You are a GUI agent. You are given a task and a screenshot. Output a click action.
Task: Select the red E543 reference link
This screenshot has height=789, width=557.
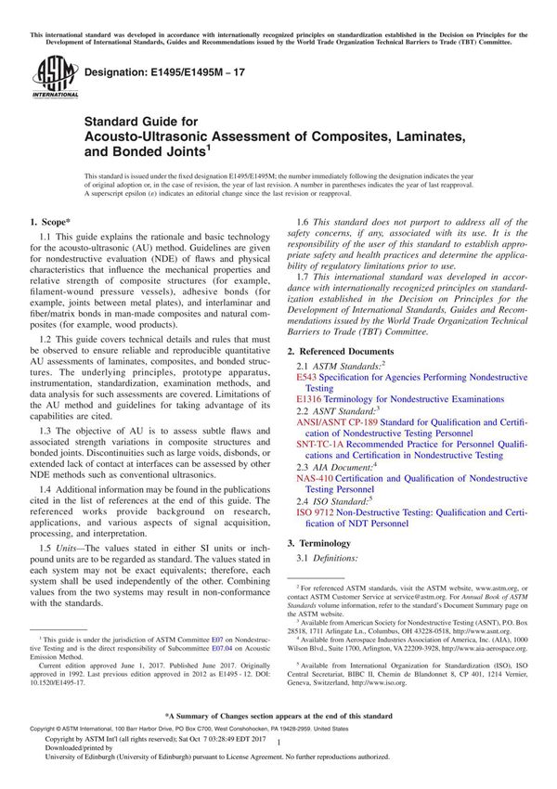point(306,379)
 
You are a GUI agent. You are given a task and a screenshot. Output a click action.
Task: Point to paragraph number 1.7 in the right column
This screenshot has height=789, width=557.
point(303,277)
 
